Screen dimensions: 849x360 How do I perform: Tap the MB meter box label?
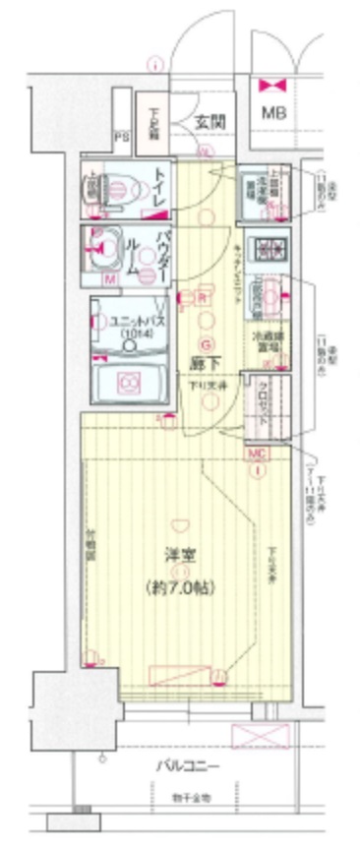pyautogui.click(x=274, y=112)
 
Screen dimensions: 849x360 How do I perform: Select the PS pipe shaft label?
pyautogui.click(x=122, y=137)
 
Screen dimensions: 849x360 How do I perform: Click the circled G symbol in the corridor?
pyautogui.click(x=206, y=344)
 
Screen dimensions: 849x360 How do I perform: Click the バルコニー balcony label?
pyautogui.click(x=186, y=766)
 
